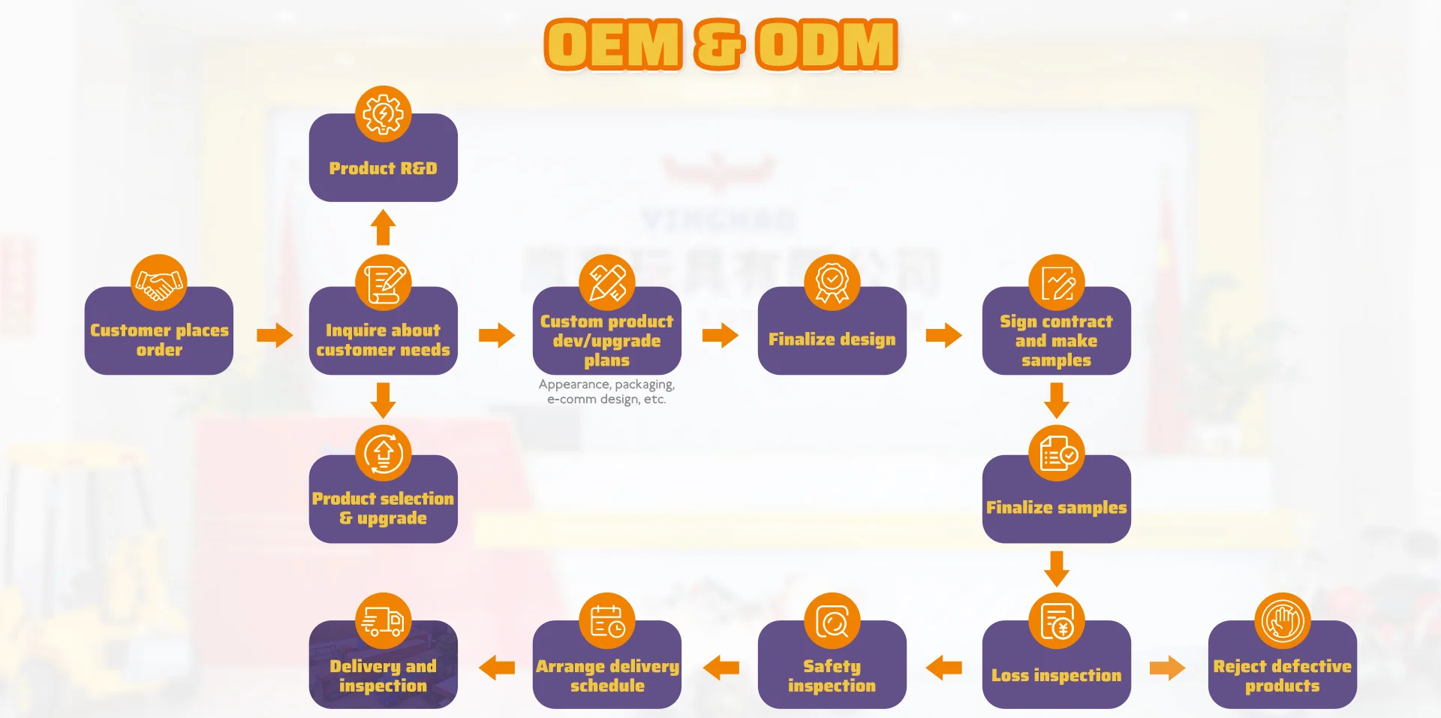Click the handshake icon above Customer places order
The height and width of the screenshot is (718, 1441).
coord(158,282)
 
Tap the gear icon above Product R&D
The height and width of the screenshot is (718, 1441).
coord(383,114)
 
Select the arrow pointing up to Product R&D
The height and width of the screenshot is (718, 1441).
coord(383,227)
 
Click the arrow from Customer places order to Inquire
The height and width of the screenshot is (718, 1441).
coord(274,335)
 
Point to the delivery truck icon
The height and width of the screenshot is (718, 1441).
coord(383,621)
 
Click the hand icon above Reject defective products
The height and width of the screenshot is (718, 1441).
coord(1282,621)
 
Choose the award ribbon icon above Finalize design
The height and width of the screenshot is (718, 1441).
coord(832,282)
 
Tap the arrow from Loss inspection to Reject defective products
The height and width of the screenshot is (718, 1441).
coord(1167,668)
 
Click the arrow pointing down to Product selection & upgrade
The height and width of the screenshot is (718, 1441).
coord(383,400)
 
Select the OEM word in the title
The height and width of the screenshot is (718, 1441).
coord(613,45)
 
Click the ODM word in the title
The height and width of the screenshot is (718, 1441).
coord(826,45)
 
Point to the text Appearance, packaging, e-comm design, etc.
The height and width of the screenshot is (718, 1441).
coord(606,392)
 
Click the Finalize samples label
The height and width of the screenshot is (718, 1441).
coord(1056,508)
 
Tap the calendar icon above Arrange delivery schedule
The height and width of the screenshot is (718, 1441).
coord(606,621)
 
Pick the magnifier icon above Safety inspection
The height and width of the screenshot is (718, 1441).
coord(832,621)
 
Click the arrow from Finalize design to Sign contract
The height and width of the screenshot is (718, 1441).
coord(943,335)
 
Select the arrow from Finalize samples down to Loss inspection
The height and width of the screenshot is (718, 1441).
coord(1056,568)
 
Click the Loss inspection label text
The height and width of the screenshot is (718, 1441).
coord(1056,675)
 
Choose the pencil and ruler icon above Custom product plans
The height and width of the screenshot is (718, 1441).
coord(606,282)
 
